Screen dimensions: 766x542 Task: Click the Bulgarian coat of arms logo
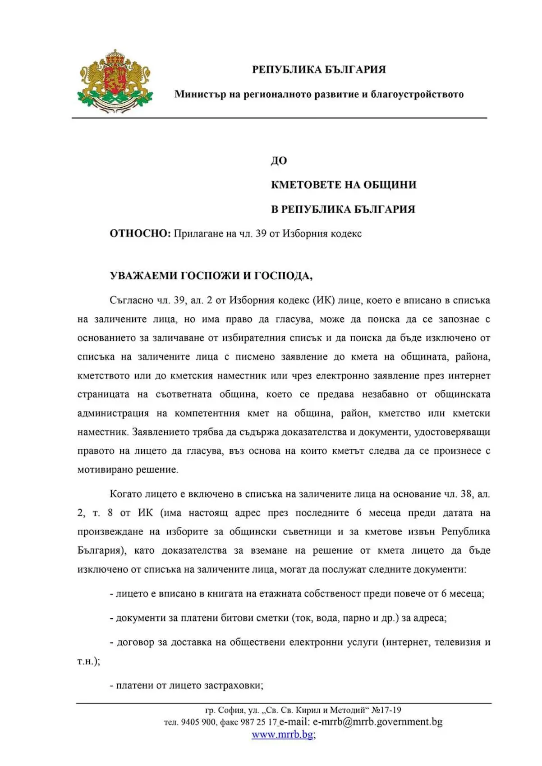[115, 81]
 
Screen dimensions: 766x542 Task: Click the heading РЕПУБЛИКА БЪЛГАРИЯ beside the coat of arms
[319, 69]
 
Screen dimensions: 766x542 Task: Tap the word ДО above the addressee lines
[279, 161]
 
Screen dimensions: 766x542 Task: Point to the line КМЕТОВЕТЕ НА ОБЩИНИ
[343, 185]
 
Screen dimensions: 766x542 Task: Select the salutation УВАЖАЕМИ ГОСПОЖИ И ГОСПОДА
[211, 276]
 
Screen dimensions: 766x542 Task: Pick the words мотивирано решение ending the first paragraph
[128, 470]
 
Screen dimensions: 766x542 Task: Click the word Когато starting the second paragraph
[126, 494]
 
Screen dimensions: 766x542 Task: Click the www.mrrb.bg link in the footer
[282, 734]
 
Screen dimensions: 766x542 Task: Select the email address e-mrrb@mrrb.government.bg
[377, 722]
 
